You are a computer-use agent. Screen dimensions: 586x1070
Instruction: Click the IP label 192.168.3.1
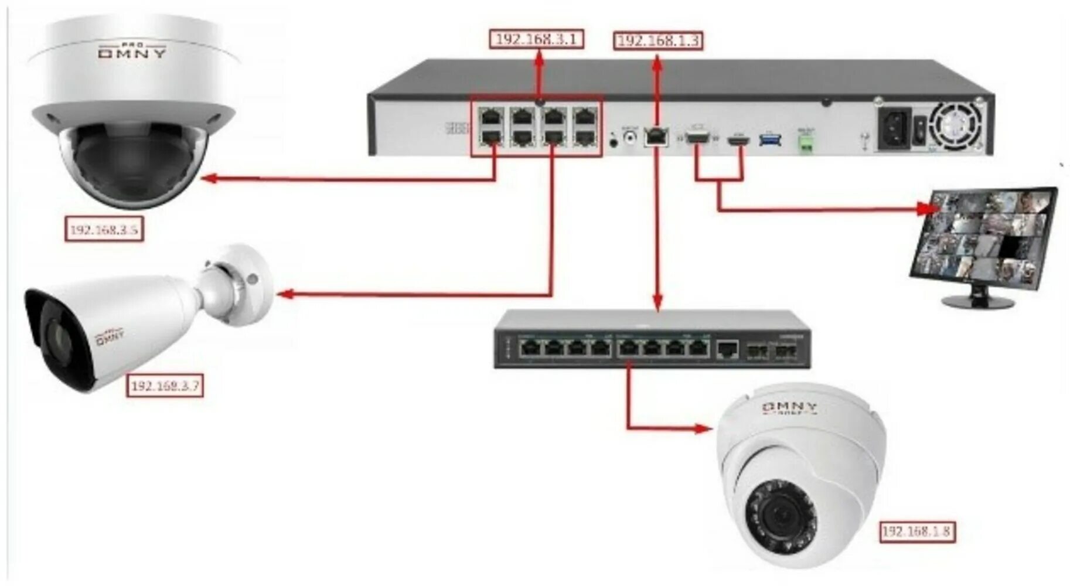tap(537, 39)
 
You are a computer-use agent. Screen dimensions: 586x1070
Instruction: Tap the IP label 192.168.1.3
tap(658, 40)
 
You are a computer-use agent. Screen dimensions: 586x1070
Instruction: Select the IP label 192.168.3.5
tap(104, 229)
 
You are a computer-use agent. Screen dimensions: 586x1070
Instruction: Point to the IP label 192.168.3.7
tap(165, 386)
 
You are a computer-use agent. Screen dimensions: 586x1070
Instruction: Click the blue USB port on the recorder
tap(770, 139)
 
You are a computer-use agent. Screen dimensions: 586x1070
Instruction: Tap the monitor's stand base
tap(977, 302)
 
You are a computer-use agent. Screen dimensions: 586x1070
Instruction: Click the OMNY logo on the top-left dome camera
tap(132, 52)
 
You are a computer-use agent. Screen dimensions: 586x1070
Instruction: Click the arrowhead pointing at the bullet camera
tap(285, 294)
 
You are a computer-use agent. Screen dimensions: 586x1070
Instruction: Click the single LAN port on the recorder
tap(656, 136)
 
